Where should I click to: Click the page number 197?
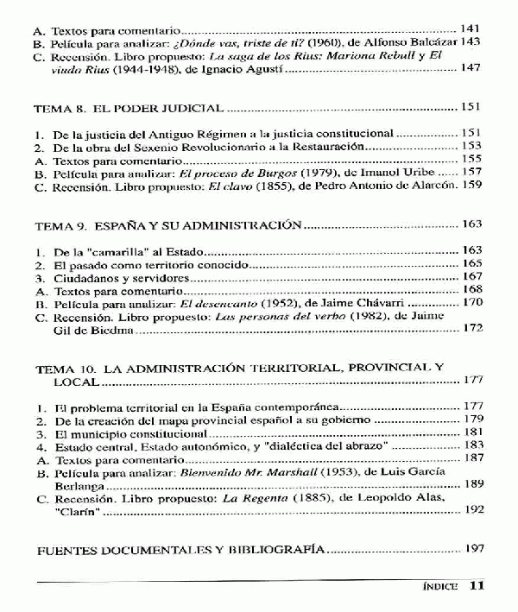(x=472, y=549)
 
